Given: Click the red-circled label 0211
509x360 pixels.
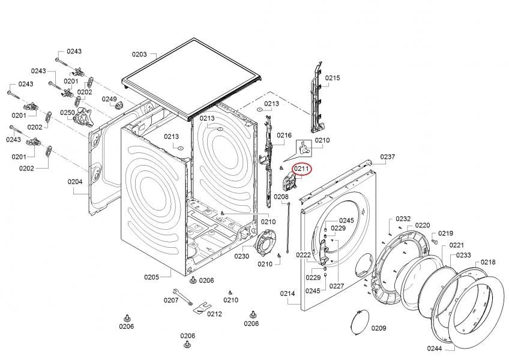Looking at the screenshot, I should click(x=301, y=169).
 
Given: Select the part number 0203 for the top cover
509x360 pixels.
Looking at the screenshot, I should click(x=139, y=55).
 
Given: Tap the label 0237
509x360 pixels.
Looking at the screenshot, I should click(x=388, y=157).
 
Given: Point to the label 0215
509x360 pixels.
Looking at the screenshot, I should click(x=333, y=78).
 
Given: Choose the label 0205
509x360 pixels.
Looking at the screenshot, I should click(x=151, y=277).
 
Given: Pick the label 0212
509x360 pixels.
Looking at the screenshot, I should click(x=214, y=313).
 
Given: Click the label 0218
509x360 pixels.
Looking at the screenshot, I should click(x=488, y=262).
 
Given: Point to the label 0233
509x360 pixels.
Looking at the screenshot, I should click(x=463, y=255).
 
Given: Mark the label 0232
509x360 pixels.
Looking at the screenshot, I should click(x=403, y=219).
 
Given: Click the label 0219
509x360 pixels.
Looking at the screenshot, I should click(x=445, y=233).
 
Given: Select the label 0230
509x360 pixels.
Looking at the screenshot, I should click(x=241, y=256).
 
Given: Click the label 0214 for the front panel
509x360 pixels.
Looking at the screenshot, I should click(x=288, y=293).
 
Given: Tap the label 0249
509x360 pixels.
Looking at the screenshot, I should click(x=109, y=99).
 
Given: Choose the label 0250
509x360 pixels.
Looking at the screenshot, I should click(x=67, y=112).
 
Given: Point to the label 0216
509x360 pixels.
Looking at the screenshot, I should click(x=284, y=136).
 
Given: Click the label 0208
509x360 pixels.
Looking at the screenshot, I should click(x=282, y=197).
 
